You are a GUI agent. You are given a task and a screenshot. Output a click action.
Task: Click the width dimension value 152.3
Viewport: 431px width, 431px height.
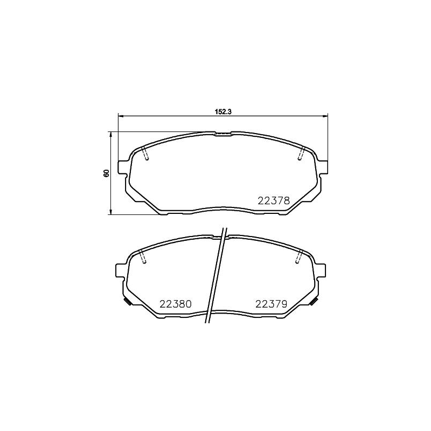(x=223, y=112)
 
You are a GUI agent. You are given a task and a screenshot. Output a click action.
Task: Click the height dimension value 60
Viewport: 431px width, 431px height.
(x=107, y=173)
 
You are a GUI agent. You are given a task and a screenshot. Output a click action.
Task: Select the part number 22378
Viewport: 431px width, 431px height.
(x=274, y=200)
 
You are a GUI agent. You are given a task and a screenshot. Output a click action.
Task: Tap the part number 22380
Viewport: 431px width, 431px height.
(x=176, y=304)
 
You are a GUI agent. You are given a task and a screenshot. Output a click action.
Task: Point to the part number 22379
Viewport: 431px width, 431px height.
(x=270, y=304)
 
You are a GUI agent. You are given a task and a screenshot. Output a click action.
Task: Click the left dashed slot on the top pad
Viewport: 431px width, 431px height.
(x=145, y=154)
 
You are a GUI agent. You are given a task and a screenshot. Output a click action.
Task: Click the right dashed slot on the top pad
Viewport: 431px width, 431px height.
(x=301, y=154)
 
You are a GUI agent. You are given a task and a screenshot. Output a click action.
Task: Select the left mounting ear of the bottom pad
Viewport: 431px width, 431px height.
(x=121, y=270)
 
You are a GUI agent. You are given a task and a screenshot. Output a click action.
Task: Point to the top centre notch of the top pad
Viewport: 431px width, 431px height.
(x=222, y=133)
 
